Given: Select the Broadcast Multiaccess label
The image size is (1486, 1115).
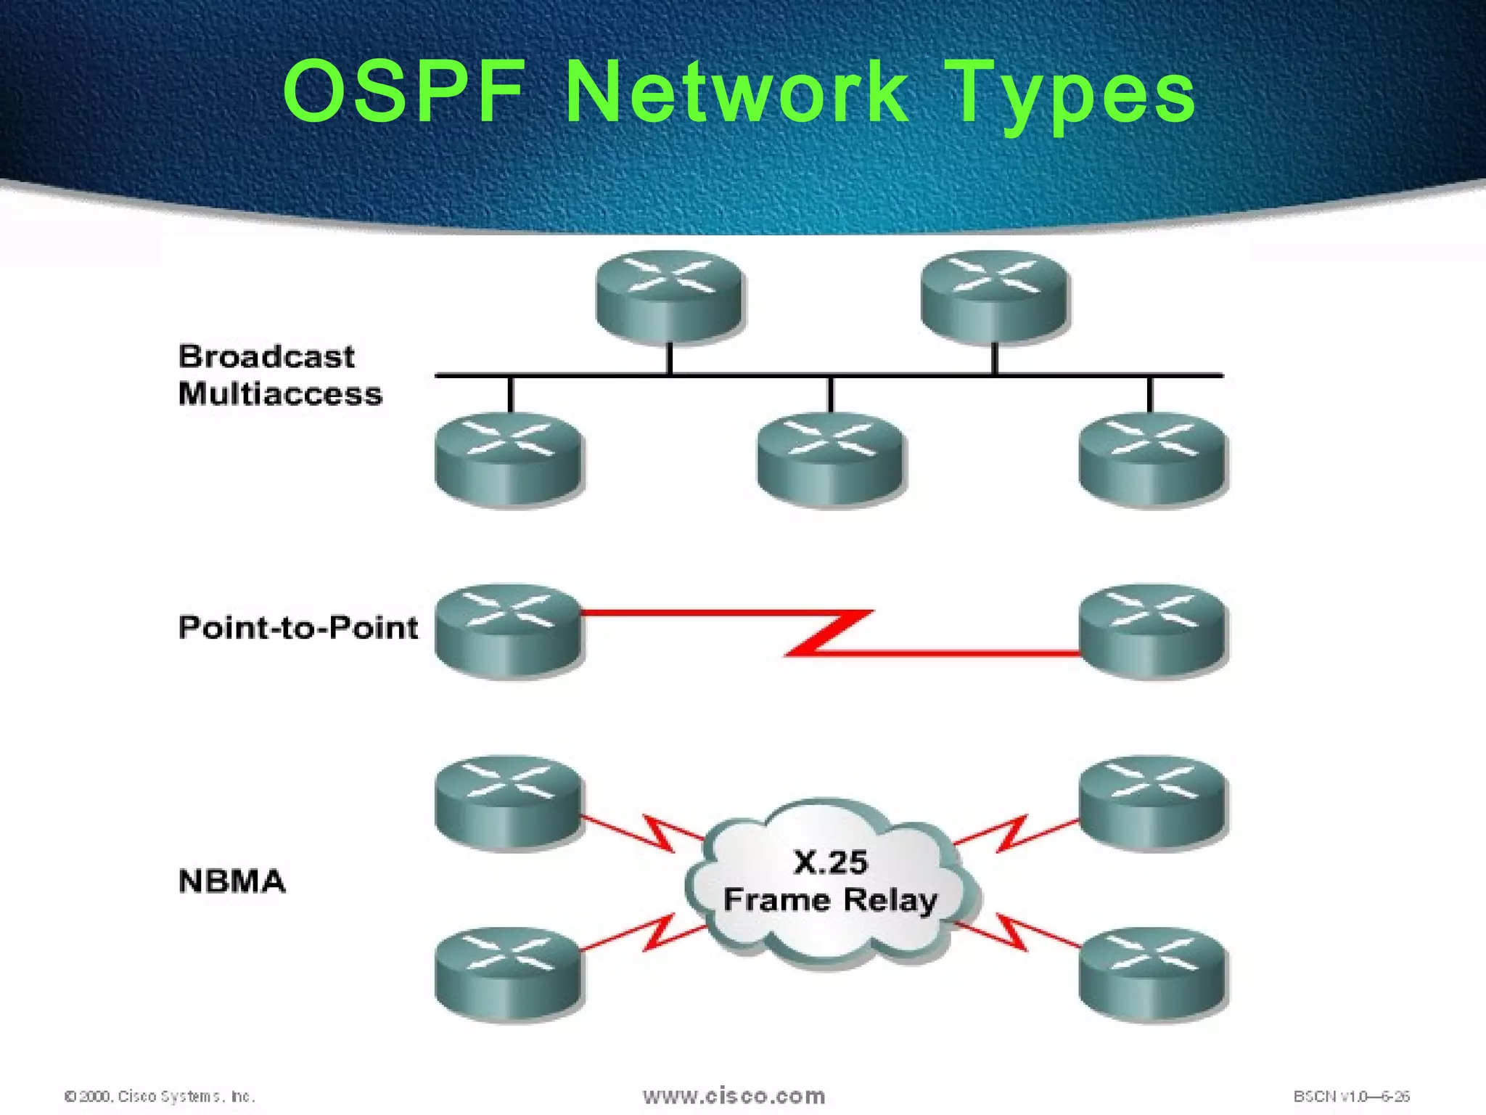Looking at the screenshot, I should (279, 375).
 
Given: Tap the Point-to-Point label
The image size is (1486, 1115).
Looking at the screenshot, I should (298, 627).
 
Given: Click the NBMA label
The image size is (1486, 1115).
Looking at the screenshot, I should (232, 881).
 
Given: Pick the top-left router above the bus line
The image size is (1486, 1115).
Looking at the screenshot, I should (669, 295).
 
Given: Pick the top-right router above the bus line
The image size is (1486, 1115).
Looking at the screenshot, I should (994, 295).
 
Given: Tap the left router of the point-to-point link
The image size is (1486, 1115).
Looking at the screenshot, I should (509, 631).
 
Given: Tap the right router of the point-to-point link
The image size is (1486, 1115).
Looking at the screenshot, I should (1152, 631).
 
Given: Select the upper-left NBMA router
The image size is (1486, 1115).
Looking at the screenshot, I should (509, 802).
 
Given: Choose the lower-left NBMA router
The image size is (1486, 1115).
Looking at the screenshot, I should (509, 974).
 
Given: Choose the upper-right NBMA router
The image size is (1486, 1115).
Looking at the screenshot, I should (1152, 802).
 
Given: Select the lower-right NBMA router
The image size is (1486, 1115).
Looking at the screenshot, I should (1152, 974).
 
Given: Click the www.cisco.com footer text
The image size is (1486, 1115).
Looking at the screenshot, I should (734, 1095).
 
